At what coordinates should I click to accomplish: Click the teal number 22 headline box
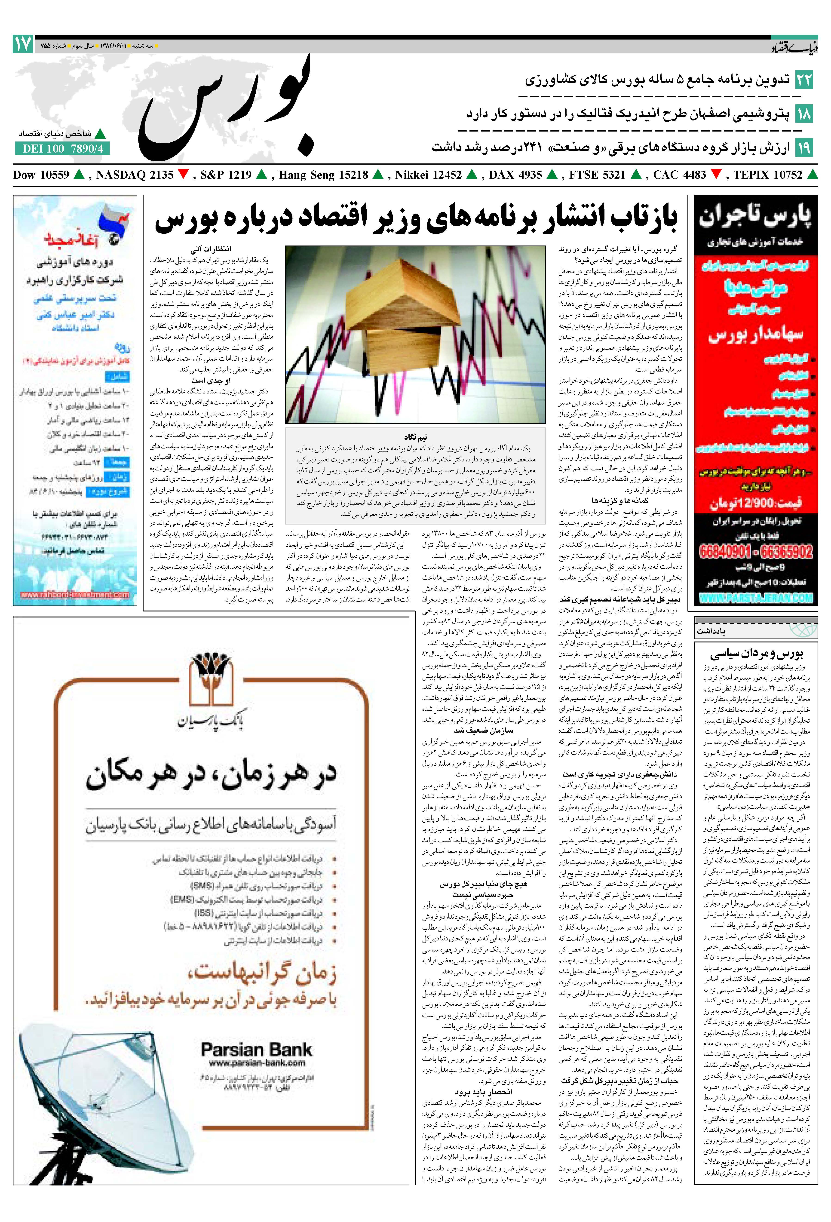click(804, 80)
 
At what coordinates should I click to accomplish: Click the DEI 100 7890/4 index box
click(62, 149)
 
